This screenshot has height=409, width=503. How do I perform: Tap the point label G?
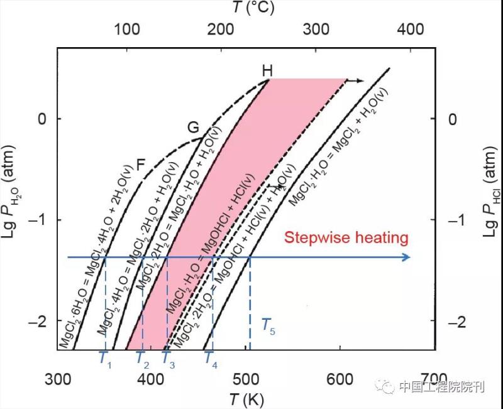click(x=194, y=128)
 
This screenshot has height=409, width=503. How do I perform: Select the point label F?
click(x=141, y=166)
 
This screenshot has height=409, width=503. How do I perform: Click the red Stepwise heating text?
click(x=346, y=238)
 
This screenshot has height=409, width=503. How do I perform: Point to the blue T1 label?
click(x=105, y=358)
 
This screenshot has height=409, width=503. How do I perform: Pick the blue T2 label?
click(x=142, y=358)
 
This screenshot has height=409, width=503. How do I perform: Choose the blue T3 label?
click(x=168, y=358)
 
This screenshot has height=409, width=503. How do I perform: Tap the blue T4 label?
click(x=211, y=358)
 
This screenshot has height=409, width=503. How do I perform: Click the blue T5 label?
click(x=268, y=325)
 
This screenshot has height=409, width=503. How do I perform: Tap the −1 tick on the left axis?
click(x=42, y=220)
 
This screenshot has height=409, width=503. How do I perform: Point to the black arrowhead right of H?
click(x=360, y=80)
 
